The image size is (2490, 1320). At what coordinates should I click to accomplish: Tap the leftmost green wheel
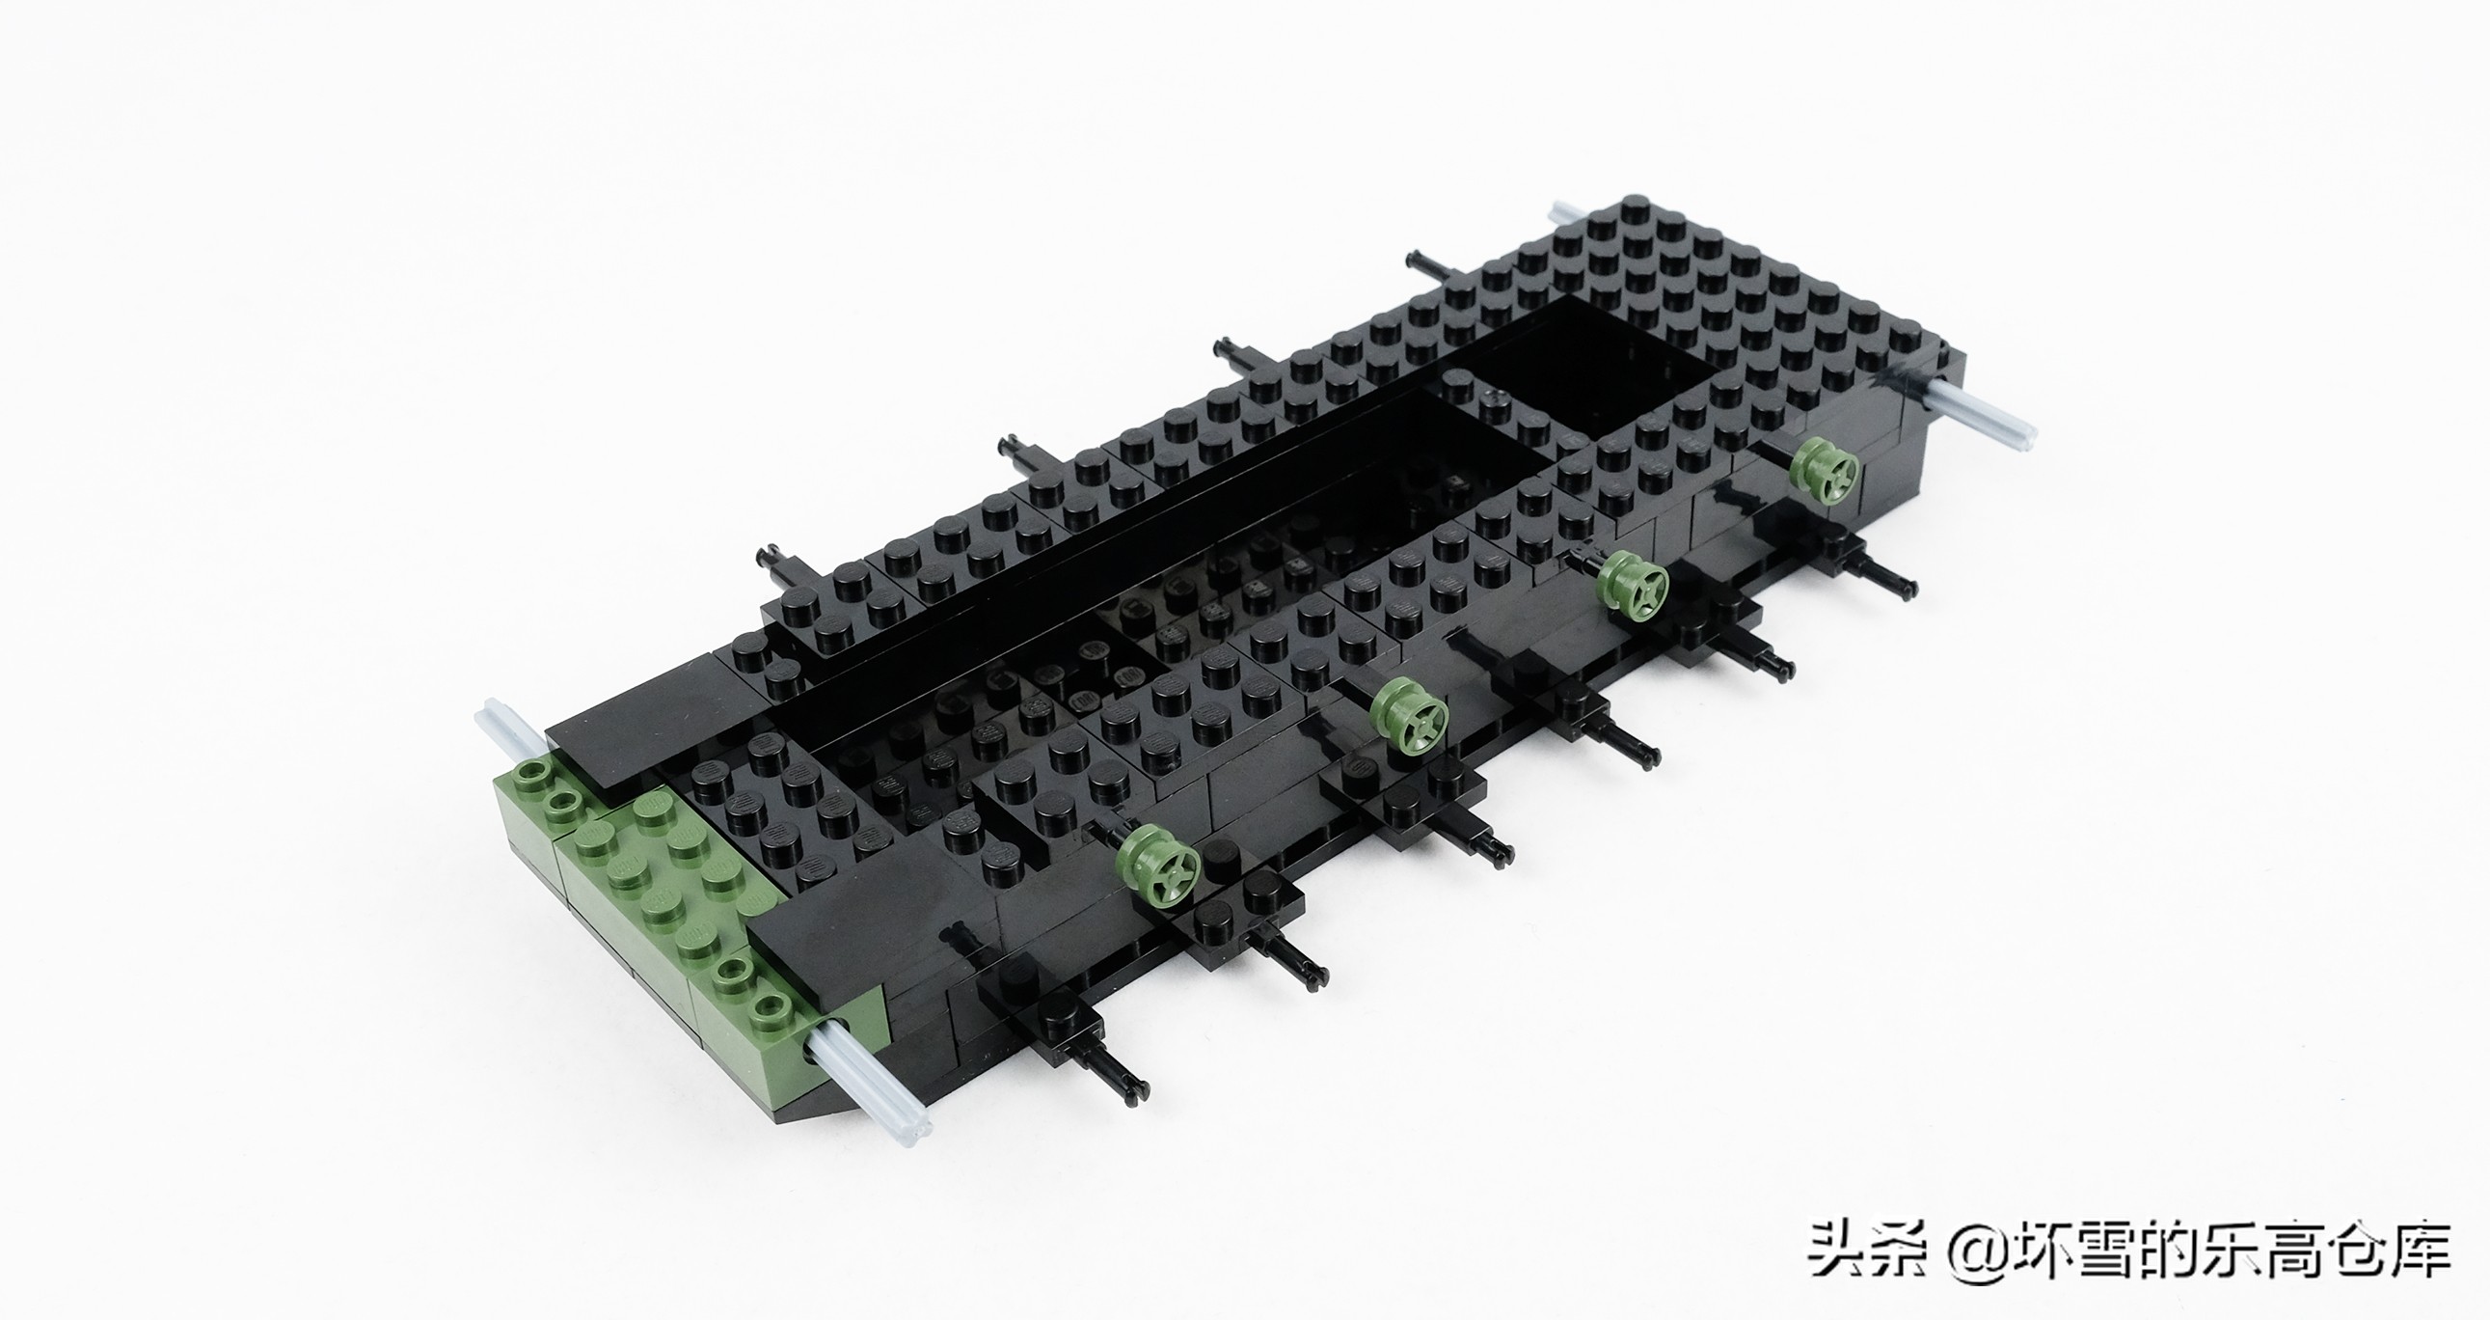[x=1158, y=864]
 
